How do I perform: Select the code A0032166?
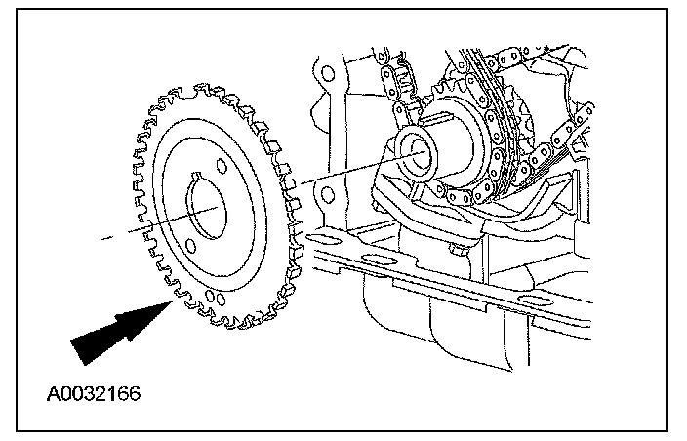coord(93,393)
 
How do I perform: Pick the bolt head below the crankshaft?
coord(457,251)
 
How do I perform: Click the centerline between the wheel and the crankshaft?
coord(332,175)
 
